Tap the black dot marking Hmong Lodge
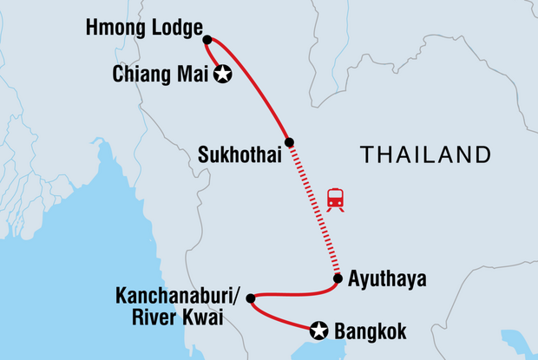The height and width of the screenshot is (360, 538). tap(207, 38)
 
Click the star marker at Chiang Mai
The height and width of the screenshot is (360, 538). tap(224, 75)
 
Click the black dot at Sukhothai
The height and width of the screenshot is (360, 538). tap(290, 142)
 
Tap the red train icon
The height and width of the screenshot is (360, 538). tap(335, 200)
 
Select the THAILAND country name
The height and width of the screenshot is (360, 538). tap(425, 155)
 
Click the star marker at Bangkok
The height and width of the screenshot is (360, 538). tap(319, 329)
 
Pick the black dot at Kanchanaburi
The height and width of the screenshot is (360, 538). tap(251, 299)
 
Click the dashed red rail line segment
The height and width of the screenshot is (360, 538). tap(314, 213)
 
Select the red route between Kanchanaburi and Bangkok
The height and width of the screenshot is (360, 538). tap(278, 321)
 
